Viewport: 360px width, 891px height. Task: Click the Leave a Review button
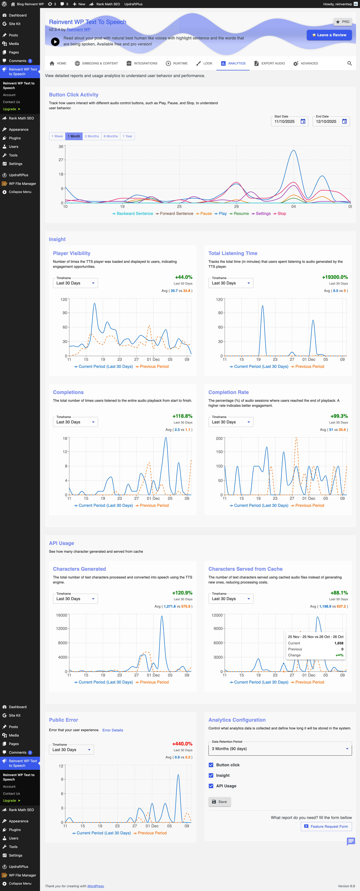[329, 35]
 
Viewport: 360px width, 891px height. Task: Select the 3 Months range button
[92, 136]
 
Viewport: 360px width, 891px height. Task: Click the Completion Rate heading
[228, 392]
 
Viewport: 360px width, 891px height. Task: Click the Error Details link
[112, 730]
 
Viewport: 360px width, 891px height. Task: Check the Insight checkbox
[211, 775]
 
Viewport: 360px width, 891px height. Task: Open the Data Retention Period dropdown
[280, 749]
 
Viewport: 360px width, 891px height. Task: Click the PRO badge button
[342, 22]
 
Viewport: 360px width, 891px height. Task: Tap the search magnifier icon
[349, 63]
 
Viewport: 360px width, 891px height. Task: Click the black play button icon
[55, 42]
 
